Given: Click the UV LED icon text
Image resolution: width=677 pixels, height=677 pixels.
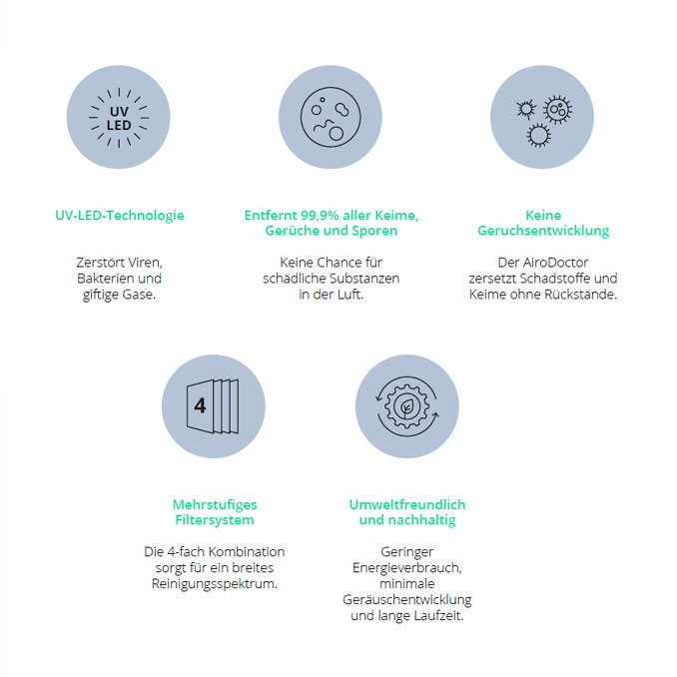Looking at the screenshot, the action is pos(119,118).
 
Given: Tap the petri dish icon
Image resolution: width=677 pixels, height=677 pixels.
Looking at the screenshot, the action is pos(331,117).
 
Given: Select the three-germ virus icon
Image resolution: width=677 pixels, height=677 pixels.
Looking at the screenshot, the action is pos(544,121).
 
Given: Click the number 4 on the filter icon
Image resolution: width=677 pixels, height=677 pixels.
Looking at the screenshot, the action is pos(200,405).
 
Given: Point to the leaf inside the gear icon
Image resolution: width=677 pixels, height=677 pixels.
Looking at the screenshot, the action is pos(406,407).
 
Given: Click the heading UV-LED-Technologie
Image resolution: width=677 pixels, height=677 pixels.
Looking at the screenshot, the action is pos(120,216).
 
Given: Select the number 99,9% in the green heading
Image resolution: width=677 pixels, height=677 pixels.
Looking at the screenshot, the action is pos(320,216).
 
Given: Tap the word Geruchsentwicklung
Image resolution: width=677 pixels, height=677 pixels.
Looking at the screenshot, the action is pos(543,231).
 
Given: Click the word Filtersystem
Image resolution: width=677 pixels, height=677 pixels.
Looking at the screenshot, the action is pos(215,520).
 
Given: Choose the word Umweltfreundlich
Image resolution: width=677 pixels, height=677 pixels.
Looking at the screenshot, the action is pos(407,504).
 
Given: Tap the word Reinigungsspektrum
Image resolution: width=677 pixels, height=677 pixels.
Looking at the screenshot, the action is pos(214,584).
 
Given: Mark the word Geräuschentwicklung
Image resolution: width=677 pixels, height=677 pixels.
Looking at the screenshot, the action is pos(407,600).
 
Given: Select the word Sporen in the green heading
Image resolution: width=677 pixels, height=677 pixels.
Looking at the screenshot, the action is pos(374,231).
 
